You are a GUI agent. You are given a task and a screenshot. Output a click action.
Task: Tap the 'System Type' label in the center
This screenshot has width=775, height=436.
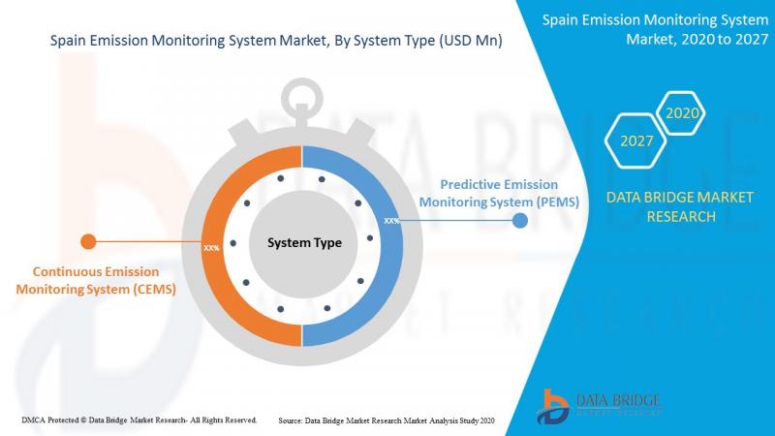(x=304, y=243)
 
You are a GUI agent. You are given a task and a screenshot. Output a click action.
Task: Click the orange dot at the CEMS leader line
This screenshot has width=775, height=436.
(x=88, y=241)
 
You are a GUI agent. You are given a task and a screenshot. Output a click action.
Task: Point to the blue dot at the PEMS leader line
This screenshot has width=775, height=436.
(x=520, y=221)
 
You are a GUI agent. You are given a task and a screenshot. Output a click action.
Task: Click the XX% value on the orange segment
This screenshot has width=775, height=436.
(x=211, y=248)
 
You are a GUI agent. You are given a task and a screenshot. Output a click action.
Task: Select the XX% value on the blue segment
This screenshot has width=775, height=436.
(x=391, y=221)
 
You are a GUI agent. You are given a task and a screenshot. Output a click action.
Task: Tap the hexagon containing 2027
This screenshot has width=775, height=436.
(x=635, y=140)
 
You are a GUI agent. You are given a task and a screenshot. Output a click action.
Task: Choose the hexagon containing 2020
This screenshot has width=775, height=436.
(x=681, y=113)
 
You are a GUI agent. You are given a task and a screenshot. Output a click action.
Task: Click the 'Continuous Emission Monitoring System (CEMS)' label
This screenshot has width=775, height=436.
(x=96, y=280)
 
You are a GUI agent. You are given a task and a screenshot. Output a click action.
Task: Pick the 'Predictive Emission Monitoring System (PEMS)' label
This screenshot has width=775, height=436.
(x=499, y=193)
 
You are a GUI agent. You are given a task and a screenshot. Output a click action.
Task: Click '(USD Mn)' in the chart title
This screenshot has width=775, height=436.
(x=471, y=40)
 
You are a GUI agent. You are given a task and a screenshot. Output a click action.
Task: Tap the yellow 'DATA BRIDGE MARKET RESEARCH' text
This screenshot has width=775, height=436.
(x=680, y=206)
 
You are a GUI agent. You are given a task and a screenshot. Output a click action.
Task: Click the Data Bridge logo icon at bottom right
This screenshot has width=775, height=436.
(x=552, y=407)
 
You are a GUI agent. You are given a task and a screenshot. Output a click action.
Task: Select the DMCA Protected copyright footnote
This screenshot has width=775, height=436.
(x=139, y=420)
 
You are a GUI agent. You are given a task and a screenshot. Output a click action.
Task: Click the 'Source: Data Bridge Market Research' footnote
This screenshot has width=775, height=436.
(x=386, y=420)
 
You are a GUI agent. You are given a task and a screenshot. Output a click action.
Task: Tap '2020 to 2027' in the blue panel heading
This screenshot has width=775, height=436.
(x=725, y=39)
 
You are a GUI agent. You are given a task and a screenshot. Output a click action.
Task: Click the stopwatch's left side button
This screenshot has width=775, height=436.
(x=243, y=134)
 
